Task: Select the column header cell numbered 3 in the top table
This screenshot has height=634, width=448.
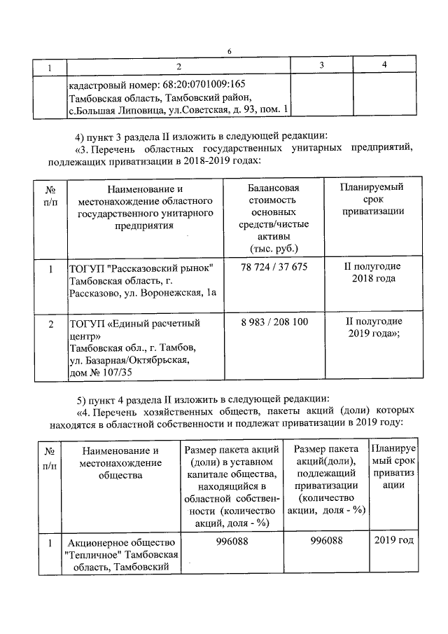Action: [321, 66]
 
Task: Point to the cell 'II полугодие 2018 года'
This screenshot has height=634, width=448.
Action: [372, 273]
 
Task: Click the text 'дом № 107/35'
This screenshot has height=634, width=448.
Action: [101, 372]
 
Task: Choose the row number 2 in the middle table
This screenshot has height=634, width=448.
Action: [50, 324]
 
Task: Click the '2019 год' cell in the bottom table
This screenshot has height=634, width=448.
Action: [393, 540]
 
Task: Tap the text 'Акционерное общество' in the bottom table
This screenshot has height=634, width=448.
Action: [120, 542]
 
